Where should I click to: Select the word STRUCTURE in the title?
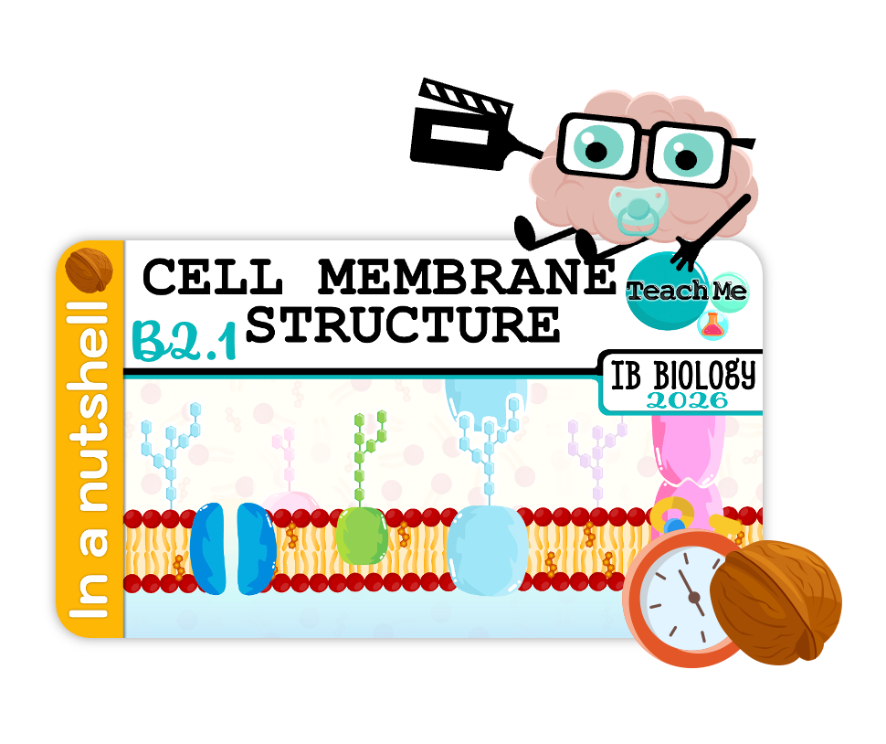coord(403,324)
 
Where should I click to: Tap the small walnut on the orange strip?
coord(90,268)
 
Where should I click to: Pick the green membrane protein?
coord(362,537)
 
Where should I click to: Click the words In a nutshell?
coord(90,457)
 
